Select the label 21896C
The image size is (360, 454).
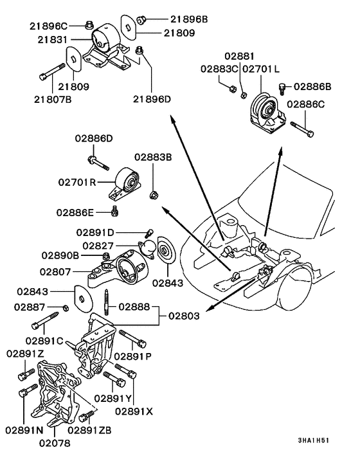pos(48,26)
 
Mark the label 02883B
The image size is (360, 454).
pos(153,157)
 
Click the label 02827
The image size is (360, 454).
pos(97,246)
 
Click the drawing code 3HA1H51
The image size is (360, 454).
pos(314,441)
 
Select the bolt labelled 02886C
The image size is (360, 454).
pos(301,129)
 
